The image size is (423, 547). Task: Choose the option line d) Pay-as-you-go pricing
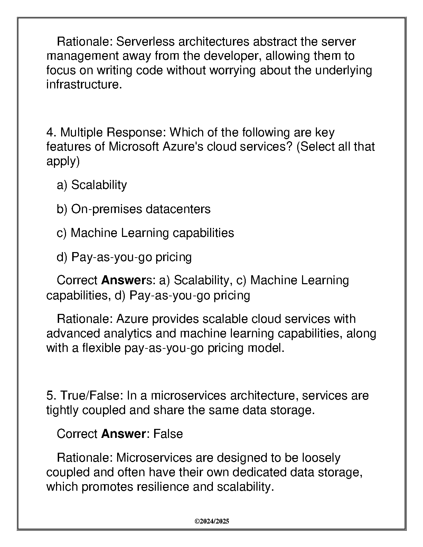point(124,257)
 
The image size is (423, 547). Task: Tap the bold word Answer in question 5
point(123,434)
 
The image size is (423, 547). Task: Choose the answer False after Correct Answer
point(168,434)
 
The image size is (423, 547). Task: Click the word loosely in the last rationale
point(321,458)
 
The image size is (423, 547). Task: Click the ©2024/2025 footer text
point(212,521)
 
